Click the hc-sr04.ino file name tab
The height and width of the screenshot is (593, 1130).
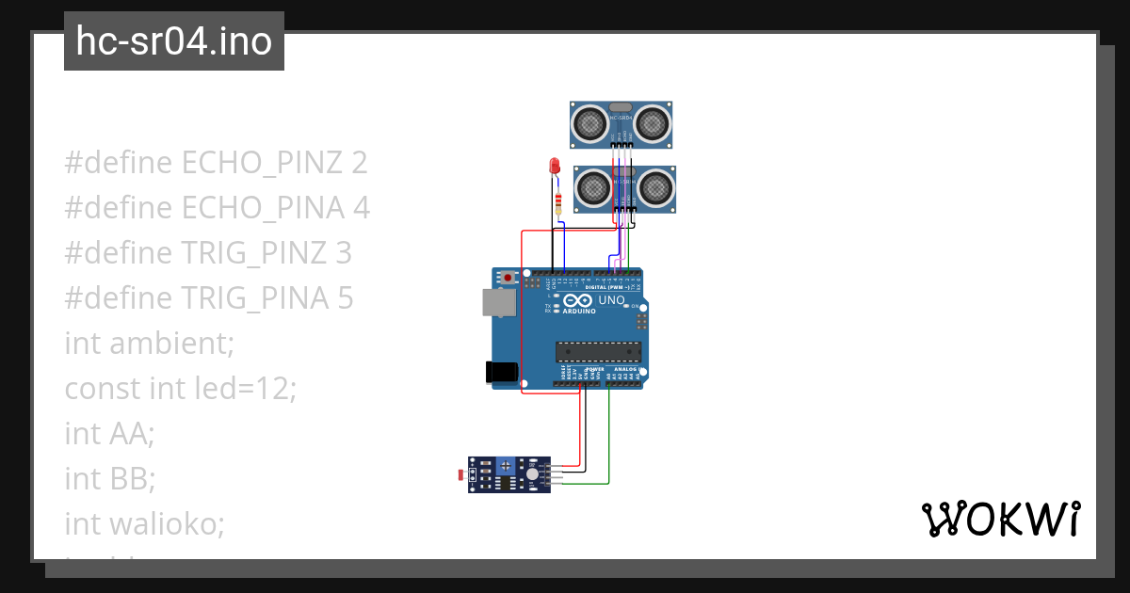coord(173,41)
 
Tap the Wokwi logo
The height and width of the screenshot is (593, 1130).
coord(1000,519)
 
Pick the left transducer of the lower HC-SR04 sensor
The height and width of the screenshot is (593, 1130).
coord(594,188)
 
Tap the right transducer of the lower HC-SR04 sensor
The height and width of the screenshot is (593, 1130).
coord(655,188)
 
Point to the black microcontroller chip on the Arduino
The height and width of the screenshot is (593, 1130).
coord(599,351)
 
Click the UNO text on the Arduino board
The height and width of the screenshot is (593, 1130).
coord(611,300)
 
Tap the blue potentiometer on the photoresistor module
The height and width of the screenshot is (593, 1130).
coord(506,465)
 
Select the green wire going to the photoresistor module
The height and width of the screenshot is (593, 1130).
coord(609,442)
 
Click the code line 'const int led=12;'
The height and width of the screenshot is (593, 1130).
coord(180,388)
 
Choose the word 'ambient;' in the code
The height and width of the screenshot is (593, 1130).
coord(171,344)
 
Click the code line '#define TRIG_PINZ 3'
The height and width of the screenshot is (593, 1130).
coord(208,253)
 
